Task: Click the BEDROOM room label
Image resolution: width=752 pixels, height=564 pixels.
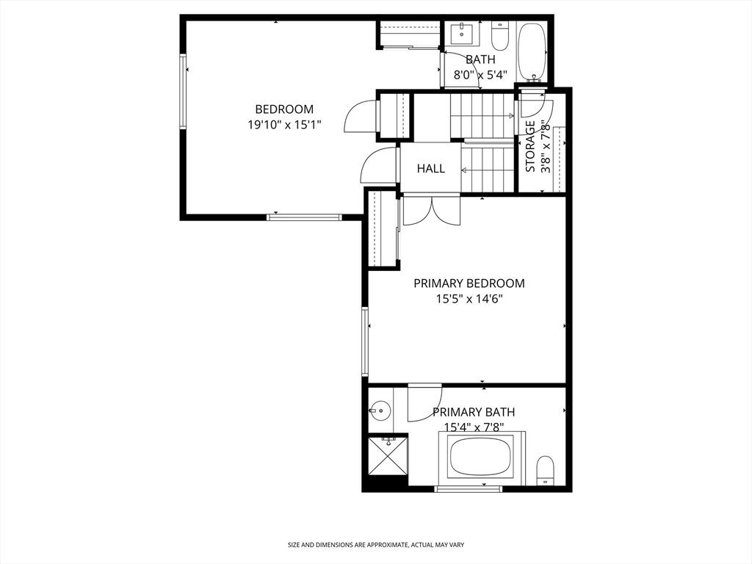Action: coord(284,109)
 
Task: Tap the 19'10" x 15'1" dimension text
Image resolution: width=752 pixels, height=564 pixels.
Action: coord(284,125)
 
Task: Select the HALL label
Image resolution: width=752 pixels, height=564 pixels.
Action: coord(430,168)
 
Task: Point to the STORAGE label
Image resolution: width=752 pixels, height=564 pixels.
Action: coord(530,146)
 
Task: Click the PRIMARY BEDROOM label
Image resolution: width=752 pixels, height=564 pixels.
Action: coord(469,283)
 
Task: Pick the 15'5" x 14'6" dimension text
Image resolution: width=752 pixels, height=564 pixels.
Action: coord(469,300)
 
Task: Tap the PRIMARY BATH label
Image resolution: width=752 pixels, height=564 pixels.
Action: coord(474,412)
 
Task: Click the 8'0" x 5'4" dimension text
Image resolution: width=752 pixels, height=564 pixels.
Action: coord(480,75)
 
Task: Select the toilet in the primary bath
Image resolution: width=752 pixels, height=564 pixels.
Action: coord(544,471)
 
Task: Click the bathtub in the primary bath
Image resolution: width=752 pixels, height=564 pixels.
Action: coord(482,456)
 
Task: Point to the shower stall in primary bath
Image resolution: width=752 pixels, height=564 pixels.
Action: coord(388,455)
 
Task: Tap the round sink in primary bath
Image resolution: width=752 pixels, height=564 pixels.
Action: coord(380,411)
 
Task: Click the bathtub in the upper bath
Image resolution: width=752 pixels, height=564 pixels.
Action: coord(532,52)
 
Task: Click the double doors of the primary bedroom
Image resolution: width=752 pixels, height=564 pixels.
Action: coord(432,210)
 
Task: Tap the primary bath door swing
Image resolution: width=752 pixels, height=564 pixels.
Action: coord(425,402)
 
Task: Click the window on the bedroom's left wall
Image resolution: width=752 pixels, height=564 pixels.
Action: coord(183,91)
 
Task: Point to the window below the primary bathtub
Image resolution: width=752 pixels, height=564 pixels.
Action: coord(468,488)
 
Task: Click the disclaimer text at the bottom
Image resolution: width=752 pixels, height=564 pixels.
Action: coord(376,545)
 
